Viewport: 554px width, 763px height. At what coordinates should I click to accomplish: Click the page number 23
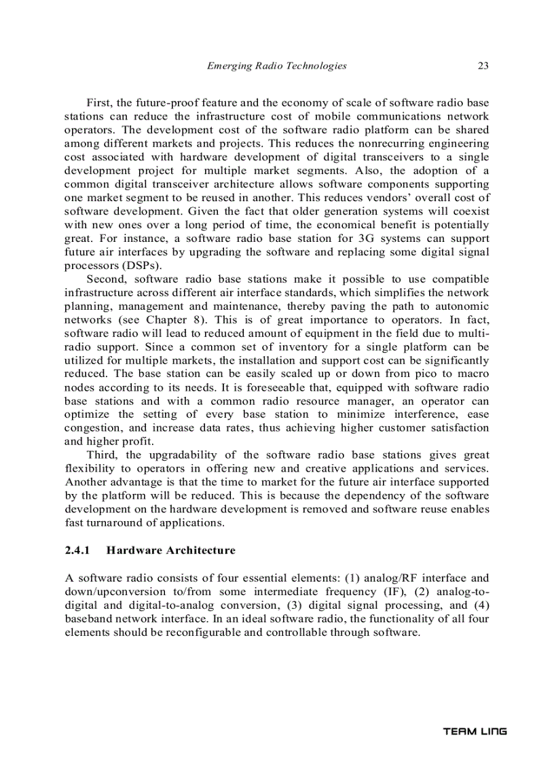[x=483, y=66]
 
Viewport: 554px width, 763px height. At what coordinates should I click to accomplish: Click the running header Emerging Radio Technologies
[x=276, y=66]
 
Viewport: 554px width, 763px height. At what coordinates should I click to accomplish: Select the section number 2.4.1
[x=77, y=550]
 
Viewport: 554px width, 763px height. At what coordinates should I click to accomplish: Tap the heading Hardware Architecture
[x=170, y=550]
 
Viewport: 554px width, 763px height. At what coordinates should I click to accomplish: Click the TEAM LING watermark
[x=475, y=731]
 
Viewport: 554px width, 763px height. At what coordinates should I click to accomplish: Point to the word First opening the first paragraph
[x=99, y=103]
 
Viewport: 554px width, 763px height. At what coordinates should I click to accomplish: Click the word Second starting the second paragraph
[x=106, y=279]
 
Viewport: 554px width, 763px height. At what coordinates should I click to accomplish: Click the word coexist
[x=468, y=211]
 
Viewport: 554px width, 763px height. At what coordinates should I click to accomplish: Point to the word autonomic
[x=464, y=306]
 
